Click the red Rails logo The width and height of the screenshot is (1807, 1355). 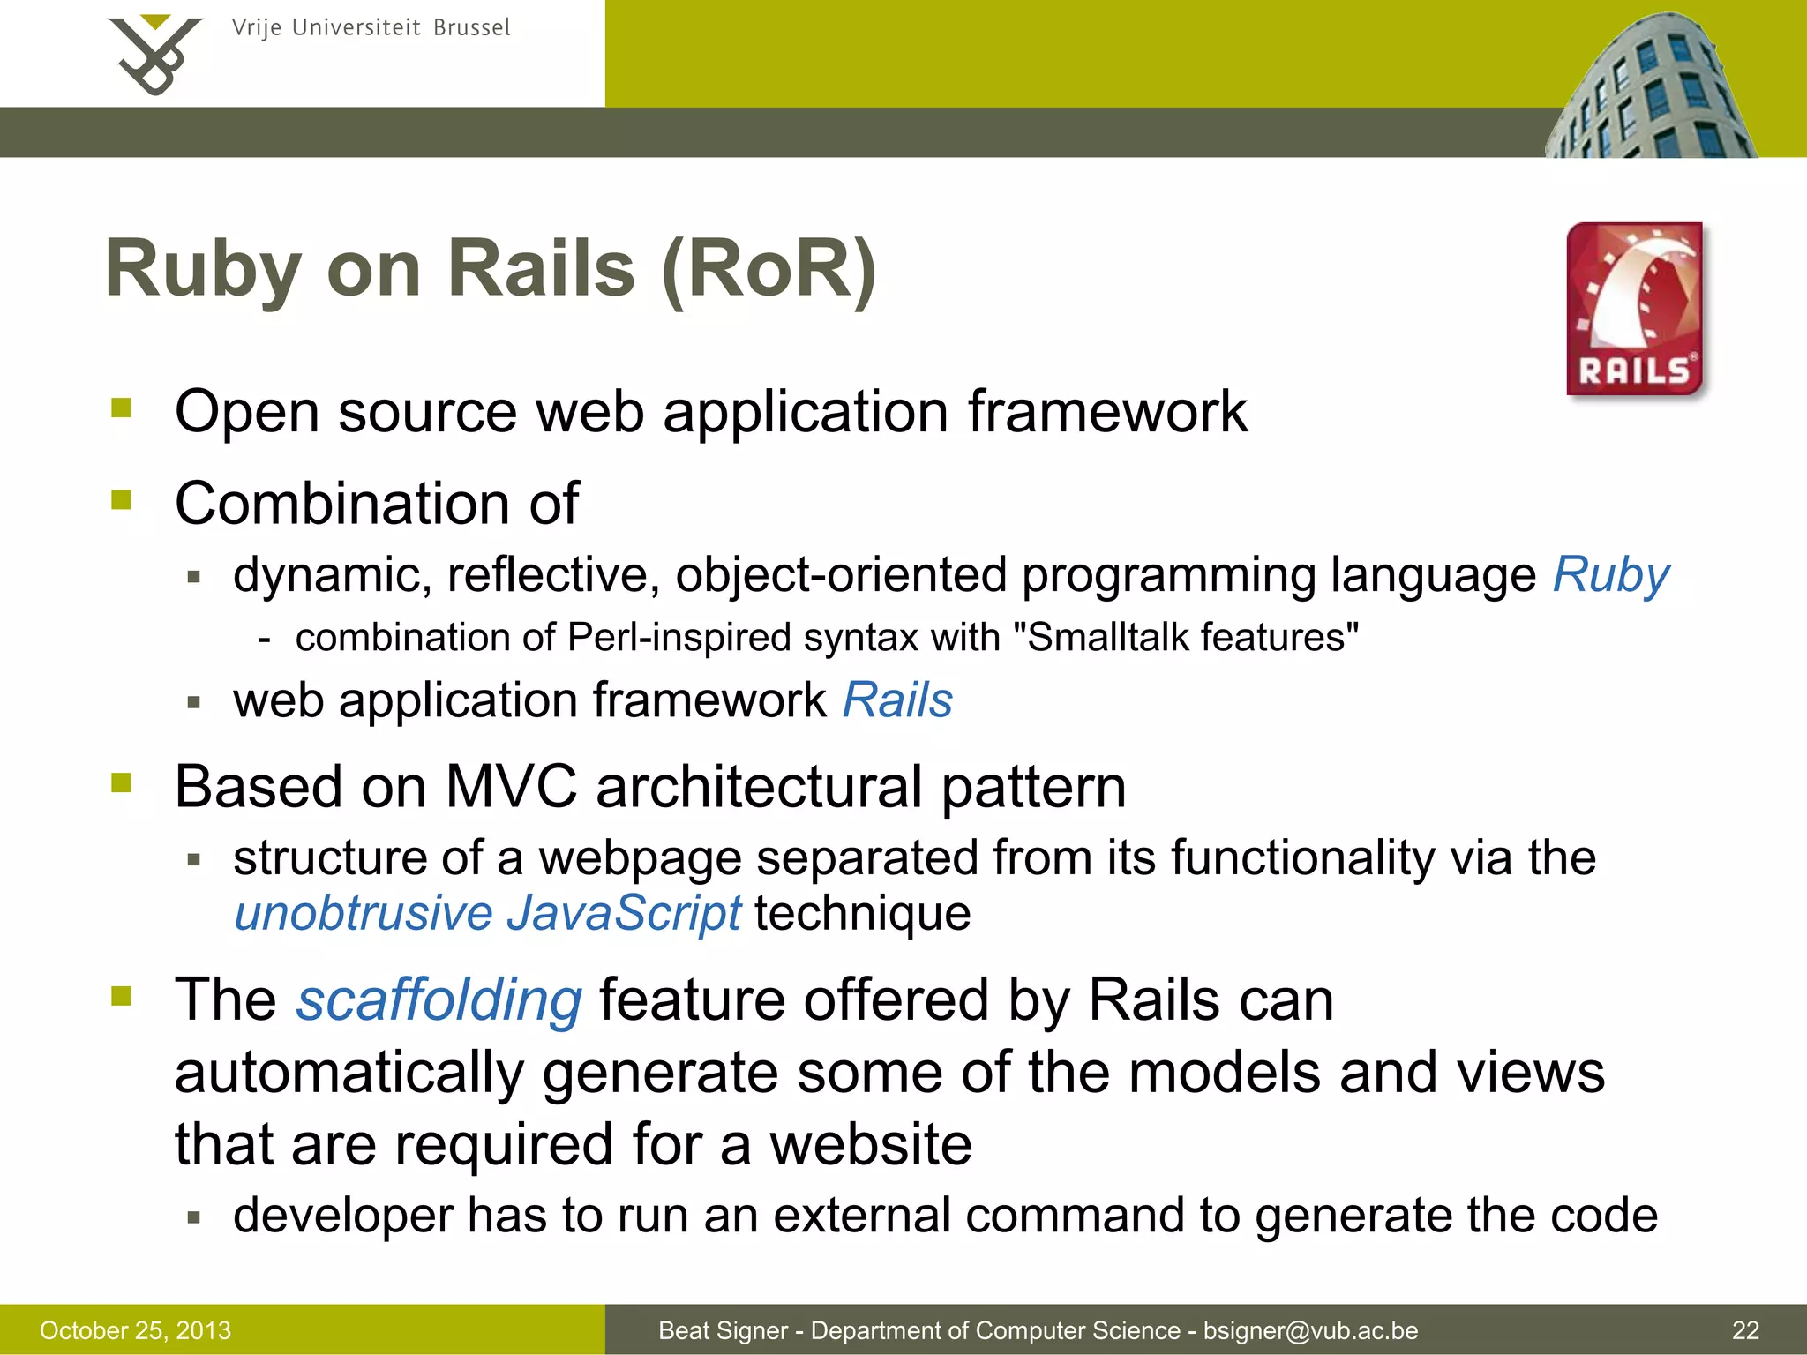[1635, 309]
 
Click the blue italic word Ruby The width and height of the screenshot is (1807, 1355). [1610, 575]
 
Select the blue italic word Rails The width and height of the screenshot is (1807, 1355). [897, 700]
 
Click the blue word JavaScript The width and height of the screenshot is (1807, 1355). [624, 912]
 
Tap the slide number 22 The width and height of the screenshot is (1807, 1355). [1745, 1330]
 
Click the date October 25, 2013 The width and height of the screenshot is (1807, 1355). [135, 1330]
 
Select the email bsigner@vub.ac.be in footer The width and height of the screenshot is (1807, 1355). [1310, 1330]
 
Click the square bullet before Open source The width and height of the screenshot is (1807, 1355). [122, 408]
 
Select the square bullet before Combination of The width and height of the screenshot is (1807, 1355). [122, 500]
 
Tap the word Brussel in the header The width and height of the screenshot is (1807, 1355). [471, 27]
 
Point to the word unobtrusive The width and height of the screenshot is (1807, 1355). [363, 912]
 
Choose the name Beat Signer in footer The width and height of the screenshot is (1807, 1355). [723, 1330]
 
